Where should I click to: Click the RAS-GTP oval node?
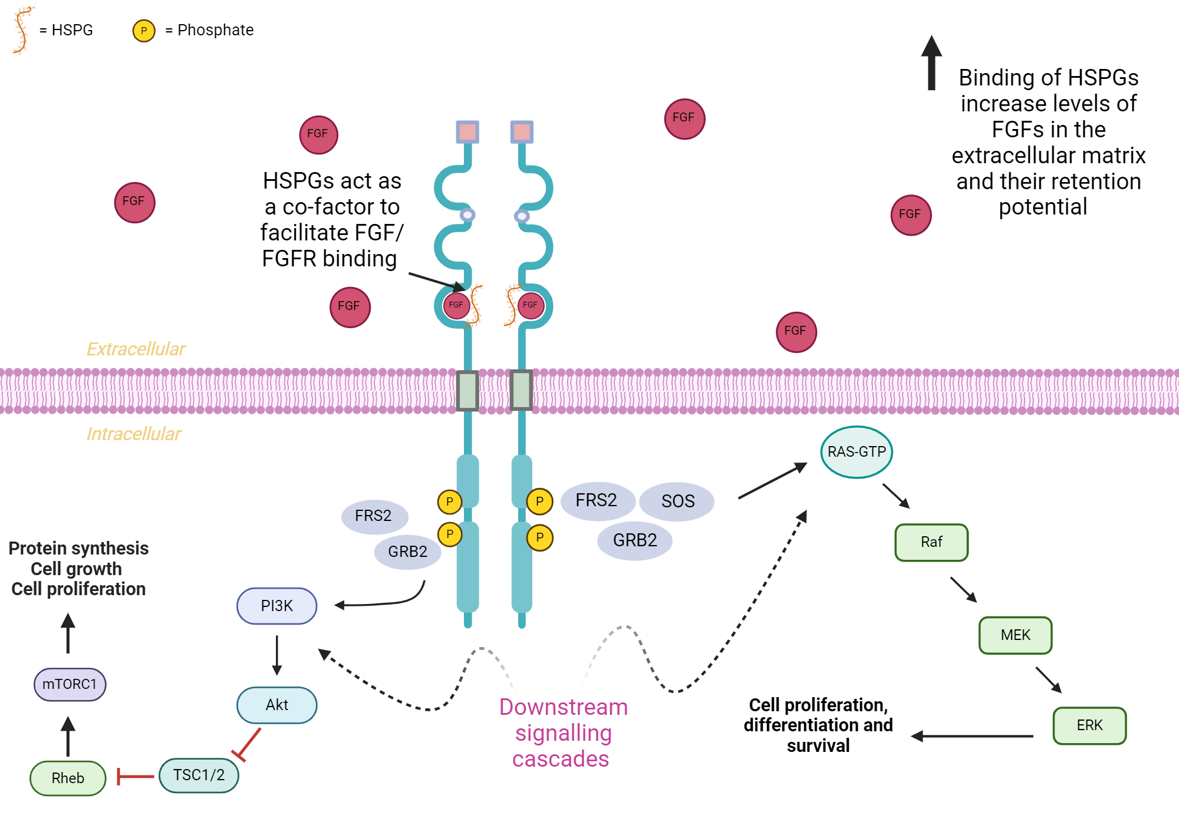(x=856, y=452)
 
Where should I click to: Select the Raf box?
(x=931, y=542)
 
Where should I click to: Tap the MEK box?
(x=1015, y=635)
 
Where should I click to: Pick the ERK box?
(x=1089, y=725)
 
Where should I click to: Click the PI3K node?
(x=276, y=606)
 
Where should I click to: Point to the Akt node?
(x=276, y=705)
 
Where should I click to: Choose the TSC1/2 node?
(x=199, y=775)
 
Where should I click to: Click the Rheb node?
(x=68, y=778)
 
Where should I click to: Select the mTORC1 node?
(x=70, y=684)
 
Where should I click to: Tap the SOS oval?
(x=677, y=501)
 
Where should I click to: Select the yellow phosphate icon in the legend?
(x=144, y=31)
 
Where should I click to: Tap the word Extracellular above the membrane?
(x=136, y=349)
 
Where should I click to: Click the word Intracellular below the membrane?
(x=134, y=434)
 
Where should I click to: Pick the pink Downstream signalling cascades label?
(x=562, y=732)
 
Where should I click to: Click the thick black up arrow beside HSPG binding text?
(x=931, y=62)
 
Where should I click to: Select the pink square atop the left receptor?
(x=467, y=132)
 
